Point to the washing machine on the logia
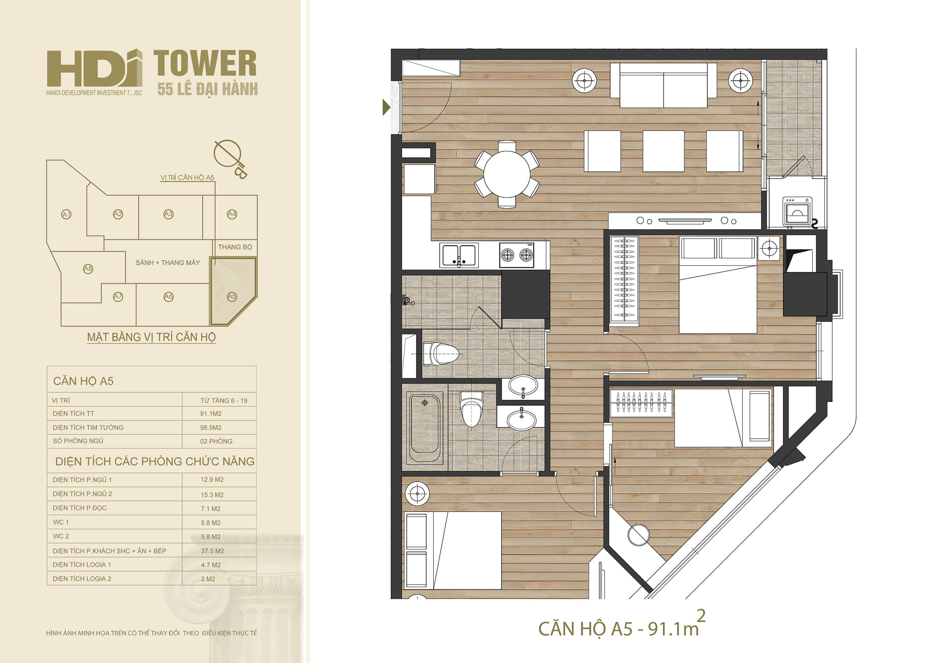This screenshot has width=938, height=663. [796, 211]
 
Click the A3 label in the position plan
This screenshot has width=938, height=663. [168, 214]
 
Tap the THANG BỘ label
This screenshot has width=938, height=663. [235, 247]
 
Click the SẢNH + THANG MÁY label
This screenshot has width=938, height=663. [168, 263]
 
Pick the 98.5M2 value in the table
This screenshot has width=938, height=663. [211, 428]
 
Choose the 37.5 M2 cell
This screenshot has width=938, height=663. [213, 551]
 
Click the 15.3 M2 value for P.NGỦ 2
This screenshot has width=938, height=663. [212, 495]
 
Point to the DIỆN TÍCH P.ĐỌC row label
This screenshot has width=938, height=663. [80, 508]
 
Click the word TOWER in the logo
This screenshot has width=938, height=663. [205, 64]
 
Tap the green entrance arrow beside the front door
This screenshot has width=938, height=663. [386, 107]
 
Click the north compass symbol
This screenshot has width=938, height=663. [229, 157]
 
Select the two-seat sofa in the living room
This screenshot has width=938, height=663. [663, 85]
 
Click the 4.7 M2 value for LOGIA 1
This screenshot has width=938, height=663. [211, 565]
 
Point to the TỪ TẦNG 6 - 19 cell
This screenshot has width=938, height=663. [224, 401]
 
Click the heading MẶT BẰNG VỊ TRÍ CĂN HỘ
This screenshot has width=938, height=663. [151, 337]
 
